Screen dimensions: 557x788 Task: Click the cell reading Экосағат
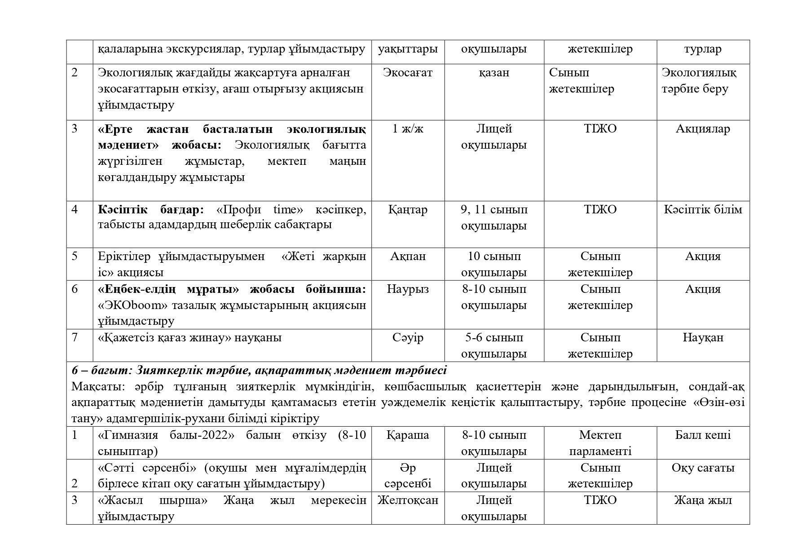tap(408, 73)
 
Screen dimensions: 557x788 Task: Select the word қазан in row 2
tap(494, 73)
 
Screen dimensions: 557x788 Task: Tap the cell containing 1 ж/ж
tap(408, 129)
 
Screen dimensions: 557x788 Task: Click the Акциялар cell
tap(703, 129)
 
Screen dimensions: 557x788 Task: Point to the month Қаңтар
tap(408, 210)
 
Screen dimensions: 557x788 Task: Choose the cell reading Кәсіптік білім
tap(703, 210)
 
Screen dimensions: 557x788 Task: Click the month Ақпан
tap(408, 256)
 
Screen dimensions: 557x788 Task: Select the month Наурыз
tap(408, 289)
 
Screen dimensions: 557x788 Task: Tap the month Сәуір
tap(408, 338)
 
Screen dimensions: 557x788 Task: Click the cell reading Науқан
tap(703, 338)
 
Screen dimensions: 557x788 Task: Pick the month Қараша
tap(408, 435)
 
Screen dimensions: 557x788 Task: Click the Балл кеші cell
tap(703, 435)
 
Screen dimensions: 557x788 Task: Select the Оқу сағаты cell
tap(703, 468)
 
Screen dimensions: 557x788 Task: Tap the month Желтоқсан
tap(408, 500)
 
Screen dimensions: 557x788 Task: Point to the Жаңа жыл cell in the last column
tap(703, 500)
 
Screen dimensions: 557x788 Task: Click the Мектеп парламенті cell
tap(600, 443)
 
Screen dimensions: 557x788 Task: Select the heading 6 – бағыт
tap(101, 371)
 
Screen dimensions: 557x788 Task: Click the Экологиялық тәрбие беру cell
tap(699, 81)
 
